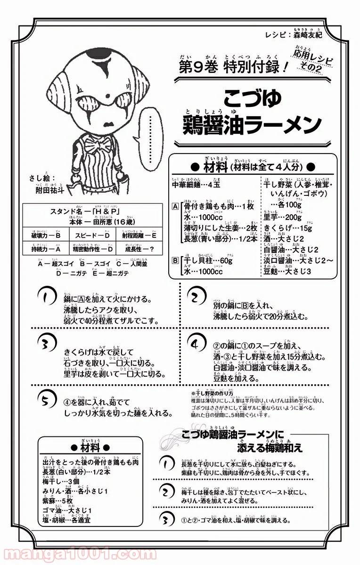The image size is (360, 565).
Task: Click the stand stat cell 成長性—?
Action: [x=137, y=249]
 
